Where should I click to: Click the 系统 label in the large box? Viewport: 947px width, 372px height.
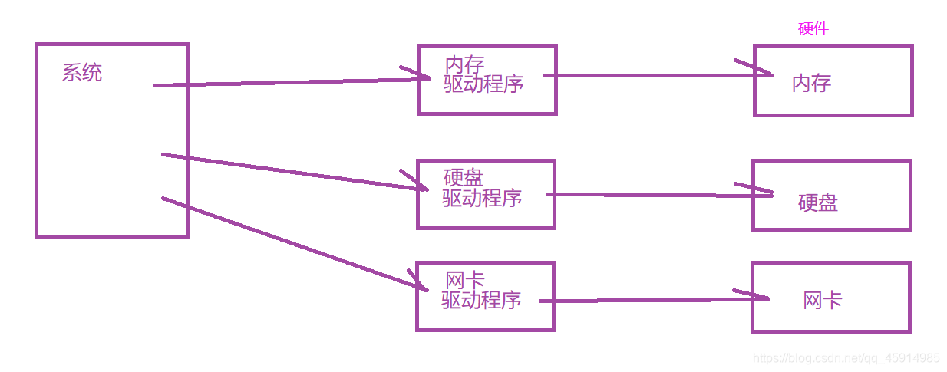click(x=81, y=74)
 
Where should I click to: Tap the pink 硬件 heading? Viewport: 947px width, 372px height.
click(x=813, y=29)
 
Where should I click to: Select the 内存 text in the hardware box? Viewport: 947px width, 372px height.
click(x=811, y=83)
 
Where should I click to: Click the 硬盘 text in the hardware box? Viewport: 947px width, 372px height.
click(x=817, y=202)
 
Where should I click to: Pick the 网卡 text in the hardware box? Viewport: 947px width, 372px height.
click(x=822, y=300)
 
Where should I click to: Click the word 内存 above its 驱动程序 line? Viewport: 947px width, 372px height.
click(x=464, y=65)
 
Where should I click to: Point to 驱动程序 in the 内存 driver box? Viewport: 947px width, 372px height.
click(x=483, y=84)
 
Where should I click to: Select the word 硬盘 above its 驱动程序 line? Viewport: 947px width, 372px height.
click(x=464, y=178)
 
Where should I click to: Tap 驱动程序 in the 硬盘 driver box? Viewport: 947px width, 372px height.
click(x=482, y=198)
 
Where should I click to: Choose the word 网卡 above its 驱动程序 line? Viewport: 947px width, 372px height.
click(x=464, y=281)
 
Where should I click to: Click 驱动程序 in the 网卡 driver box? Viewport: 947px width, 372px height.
click(x=481, y=300)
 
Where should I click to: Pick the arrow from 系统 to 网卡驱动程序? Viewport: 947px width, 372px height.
click(x=292, y=242)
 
